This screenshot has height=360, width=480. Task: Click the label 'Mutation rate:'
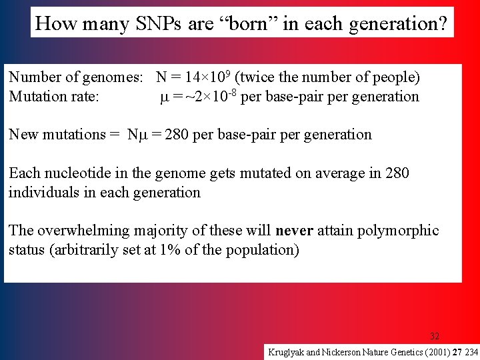pyautogui.click(x=54, y=97)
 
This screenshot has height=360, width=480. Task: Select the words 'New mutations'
pyautogui.click(x=57, y=135)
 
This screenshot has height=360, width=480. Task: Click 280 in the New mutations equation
pyautogui.click(x=177, y=135)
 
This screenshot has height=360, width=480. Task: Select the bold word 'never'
pyautogui.click(x=294, y=231)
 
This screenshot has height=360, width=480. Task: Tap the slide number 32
pyautogui.click(x=435, y=336)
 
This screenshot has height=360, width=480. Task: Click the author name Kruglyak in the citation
pyautogui.click(x=286, y=351)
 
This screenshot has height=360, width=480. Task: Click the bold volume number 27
pyautogui.click(x=457, y=351)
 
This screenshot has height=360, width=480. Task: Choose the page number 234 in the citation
pyautogui.click(x=471, y=351)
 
